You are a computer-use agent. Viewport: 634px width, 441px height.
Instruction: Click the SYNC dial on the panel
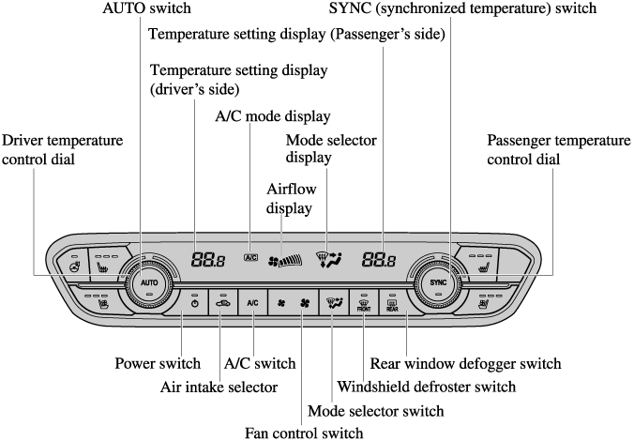tap(438, 282)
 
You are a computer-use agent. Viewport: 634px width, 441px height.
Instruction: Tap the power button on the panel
tap(194, 303)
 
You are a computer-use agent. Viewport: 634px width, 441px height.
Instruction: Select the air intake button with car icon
tap(222, 303)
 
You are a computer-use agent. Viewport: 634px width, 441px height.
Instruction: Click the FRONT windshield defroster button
tap(363, 304)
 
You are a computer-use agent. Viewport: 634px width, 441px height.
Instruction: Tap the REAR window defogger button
tap(391, 304)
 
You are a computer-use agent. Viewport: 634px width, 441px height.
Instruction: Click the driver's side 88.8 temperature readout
tap(207, 260)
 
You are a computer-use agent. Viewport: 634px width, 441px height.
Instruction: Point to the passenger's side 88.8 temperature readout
tap(380, 260)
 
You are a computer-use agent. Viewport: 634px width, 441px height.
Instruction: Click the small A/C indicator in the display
tap(250, 257)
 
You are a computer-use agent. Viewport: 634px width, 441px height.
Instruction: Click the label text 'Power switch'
tap(157, 363)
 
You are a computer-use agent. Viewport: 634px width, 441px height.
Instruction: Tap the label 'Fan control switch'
tap(303, 433)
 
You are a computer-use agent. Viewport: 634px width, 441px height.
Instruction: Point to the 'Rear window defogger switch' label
tap(465, 363)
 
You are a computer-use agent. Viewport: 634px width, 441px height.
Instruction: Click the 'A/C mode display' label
tap(272, 117)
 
